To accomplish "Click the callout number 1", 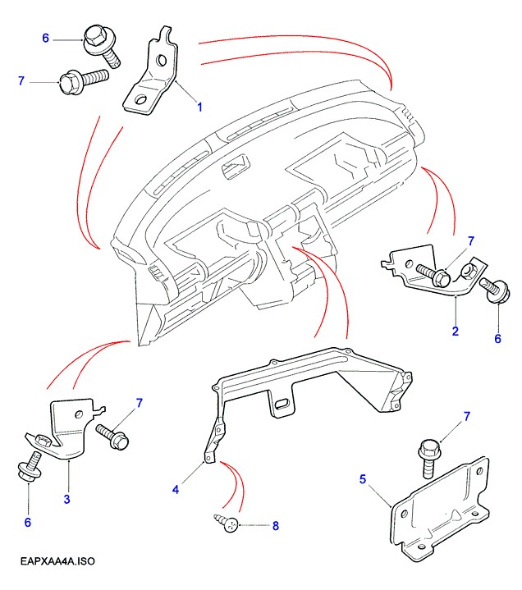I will pos(199,107).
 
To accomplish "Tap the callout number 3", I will pos(66,498).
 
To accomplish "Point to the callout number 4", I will pos(175,490).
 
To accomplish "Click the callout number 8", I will pos(276,525).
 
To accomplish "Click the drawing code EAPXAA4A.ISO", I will pos(55,562).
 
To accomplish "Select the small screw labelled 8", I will pos(228,522).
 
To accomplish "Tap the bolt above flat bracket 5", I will pos(428,455).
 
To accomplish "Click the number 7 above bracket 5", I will pos(466,417).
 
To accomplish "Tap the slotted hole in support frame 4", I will pos(282,403).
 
